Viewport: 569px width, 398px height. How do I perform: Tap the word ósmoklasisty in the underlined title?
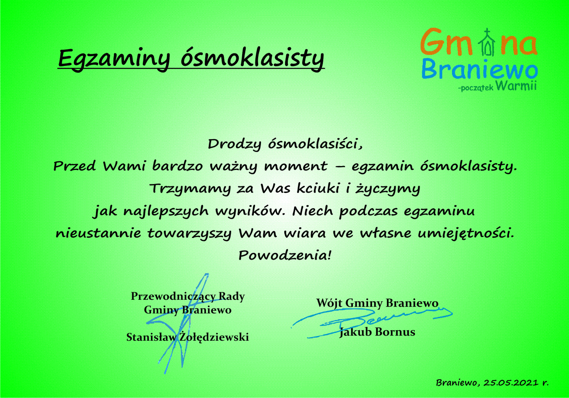[x=252, y=59]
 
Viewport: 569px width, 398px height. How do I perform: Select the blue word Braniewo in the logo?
[x=479, y=69]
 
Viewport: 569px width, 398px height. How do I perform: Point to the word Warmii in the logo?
[x=516, y=86]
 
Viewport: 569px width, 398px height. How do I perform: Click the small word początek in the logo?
[x=477, y=88]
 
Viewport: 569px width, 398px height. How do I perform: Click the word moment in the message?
[x=296, y=166]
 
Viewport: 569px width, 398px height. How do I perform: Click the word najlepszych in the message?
[x=166, y=212]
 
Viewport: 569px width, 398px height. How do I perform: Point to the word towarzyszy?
[x=189, y=233]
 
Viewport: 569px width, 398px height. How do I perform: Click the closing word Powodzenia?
[x=285, y=255]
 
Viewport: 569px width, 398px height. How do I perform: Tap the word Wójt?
[x=329, y=303]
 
